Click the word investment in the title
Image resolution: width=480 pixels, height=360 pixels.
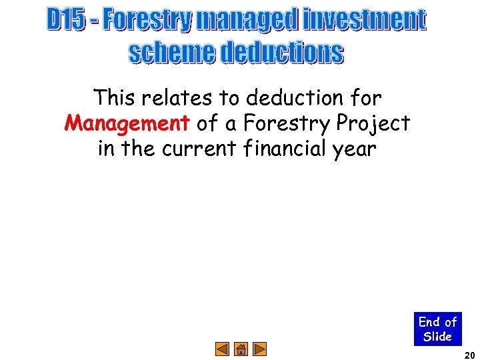[x=363, y=20]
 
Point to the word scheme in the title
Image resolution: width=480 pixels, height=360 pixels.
[x=172, y=53]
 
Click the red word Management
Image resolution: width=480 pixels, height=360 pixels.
[x=127, y=123]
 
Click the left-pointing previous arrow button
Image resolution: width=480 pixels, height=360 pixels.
[x=223, y=348]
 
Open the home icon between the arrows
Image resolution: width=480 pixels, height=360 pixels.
[x=241, y=348]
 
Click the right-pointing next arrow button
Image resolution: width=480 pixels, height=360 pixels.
[x=260, y=348]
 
